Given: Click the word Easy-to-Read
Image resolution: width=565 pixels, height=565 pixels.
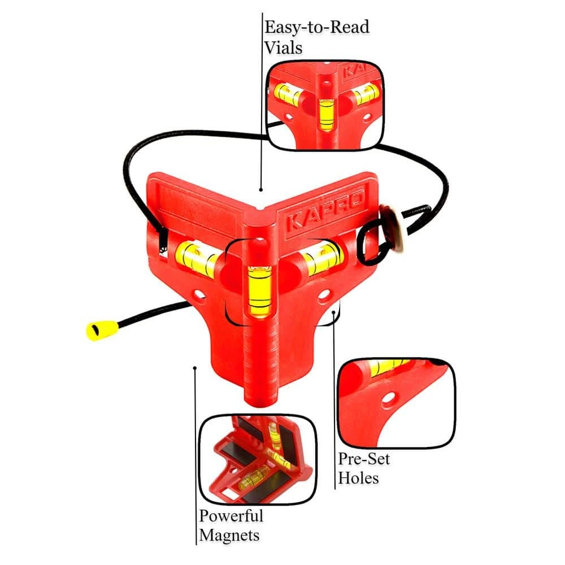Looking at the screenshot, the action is [x=317, y=27].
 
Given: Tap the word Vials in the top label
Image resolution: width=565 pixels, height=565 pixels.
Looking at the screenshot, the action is [x=283, y=47].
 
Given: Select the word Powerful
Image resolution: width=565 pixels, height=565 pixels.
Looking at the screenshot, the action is [x=231, y=516].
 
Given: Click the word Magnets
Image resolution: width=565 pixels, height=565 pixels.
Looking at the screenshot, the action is [x=229, y=536].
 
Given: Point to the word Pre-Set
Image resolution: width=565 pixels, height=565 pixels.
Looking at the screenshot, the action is [x=364, y=459].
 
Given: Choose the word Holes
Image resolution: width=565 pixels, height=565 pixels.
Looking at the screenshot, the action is [x=359, y=479].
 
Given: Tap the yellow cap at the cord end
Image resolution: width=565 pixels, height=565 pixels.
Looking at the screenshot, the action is [x=102, y=330].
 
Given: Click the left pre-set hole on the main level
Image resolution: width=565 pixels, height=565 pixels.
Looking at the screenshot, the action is [x=198, y=295].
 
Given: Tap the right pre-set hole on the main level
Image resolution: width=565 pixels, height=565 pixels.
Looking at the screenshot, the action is [x=324, y=295].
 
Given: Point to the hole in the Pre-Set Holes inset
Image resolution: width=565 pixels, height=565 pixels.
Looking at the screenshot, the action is [x=388, y=399].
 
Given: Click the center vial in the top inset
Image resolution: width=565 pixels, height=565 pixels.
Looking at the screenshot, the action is [x=326, y=115].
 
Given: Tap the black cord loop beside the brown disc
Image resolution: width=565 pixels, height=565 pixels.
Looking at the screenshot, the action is [x=371, y=243].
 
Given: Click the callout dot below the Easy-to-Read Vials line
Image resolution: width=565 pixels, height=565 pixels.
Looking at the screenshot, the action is [x=260, y=189].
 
